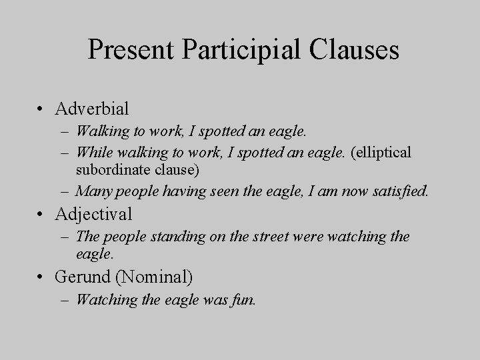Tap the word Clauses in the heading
tap(355, 51)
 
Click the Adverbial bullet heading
tap(93, 108)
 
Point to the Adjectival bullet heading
tap(94, 214)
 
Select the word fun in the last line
tap(244, 299)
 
